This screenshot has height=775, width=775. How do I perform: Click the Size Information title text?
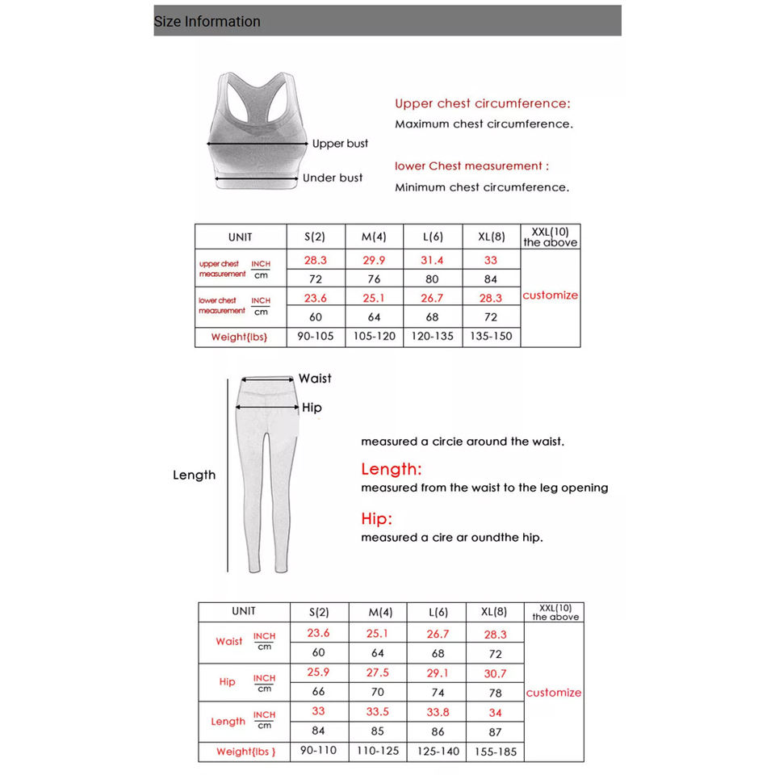207,22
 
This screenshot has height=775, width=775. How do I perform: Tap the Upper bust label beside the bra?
340,144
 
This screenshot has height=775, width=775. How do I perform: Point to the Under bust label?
333,178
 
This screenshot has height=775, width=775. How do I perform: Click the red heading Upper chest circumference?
482,103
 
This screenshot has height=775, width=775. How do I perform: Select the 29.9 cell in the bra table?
374,260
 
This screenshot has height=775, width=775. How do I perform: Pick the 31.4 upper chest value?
432,260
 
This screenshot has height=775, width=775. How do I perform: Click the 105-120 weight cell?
374,336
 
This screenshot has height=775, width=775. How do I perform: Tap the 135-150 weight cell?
491,336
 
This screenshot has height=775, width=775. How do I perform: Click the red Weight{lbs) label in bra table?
239,337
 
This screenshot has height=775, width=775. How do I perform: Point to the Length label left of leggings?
195,475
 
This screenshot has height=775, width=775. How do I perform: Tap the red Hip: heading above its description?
376,518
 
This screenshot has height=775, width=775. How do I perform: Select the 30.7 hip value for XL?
495,673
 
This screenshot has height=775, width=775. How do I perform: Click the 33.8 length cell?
438,712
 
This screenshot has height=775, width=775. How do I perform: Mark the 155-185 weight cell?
495,751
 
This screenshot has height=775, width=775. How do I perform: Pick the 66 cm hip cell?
318,692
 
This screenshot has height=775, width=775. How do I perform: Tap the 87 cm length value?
495,731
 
